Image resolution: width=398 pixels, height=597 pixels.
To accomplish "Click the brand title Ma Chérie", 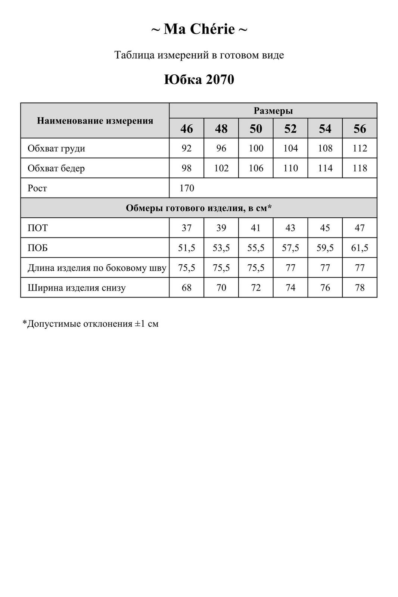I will pyautogui.click(x=199, y=29).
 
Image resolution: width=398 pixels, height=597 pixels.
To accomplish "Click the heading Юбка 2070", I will pyautogui.click(x=199, y=80).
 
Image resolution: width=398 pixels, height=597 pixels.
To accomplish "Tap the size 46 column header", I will pyautogui.click(x=187, y=129).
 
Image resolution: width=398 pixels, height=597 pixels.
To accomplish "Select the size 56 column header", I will pyautogui.click(x=360, y=129).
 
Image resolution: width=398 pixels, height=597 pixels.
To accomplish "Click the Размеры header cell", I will pyautogui.click(x=273, y=111).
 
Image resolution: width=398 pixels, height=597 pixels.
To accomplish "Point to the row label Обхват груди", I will pyautogui.click(x=56, y=148).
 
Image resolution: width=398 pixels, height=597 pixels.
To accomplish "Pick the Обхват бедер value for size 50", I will pyautogui.click(x=256, y=168).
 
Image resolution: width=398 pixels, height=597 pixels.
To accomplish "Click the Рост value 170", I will pyautogui.click(x=187, y=188).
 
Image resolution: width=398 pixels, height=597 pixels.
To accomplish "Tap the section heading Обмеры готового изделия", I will pyautogui.click(x=199, y=208).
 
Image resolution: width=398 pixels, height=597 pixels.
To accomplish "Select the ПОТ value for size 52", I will pyautogui.click(x=290, y=228).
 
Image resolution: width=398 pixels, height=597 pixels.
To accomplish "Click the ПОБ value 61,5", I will pyautogui.click(x=360, y=248).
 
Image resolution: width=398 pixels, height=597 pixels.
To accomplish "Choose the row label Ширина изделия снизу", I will pyautogui.click(x=77, y=288).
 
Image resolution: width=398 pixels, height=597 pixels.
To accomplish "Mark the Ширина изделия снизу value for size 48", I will pyautogui.click(x=221, y=288).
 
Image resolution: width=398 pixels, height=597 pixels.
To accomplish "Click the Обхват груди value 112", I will pyautogui.click(x=360, y=148).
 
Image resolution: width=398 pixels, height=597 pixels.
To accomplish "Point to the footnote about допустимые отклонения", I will pyautogui.click(x=91, y=324).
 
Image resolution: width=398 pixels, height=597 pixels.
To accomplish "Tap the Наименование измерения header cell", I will pyautogui.click(x=95, y=121).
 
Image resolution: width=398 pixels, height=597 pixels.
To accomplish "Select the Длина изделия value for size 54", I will pyautogui.click(x=325, y=268).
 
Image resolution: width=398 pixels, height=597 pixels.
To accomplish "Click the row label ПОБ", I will pyautogui.click(x=38, y=248).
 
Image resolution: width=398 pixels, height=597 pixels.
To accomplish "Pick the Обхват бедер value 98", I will pyautogui.click(x=187, y=168).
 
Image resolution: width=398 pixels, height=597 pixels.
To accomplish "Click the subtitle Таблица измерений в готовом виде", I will pyautogui.click(x=199, y=55).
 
